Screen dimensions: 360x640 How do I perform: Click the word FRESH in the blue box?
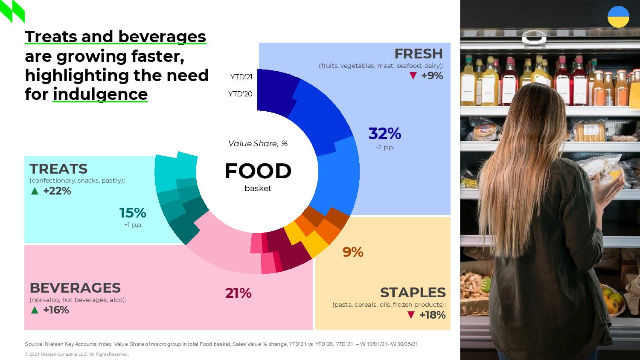pyautogui.click(x=418, y=54)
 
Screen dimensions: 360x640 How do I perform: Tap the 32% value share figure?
pyautogui.click(x=384, y=134)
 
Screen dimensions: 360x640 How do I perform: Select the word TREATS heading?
pyautogui.click(x=58, y=169)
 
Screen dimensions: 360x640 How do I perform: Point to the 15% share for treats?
pyautogui.click(x=132, y=212)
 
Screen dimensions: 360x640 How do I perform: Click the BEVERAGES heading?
pyautogui.click(x=75, y=287)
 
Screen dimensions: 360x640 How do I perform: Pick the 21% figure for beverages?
pyautogui.click(x=238, y=293)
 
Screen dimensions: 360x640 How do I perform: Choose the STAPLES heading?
pyautogui.click(x=413, y=293)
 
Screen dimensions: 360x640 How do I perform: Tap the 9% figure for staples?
pyautogui.click(x=352, y=252)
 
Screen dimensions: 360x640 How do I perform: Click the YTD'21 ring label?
pyautogui.click(x=241, y=77)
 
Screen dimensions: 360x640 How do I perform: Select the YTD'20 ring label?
pyautogui.click(x=240, y=94)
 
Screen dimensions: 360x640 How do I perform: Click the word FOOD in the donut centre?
pyautogui.click(x=258, y=171)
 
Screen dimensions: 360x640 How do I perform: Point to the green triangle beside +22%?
pyautogui.click(x=35, y=191)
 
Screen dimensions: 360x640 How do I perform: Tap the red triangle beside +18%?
pyautogui.click(x=411, y=315)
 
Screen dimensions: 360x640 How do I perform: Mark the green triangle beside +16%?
pyautogui.click(x=35, y=310)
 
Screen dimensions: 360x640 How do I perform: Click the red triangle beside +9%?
pyautogui.click(x=413, y=76)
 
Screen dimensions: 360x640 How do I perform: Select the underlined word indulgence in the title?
pyautogui.click(x=100, y=94)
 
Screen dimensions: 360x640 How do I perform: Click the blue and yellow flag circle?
pyautogui.click(x=618, y=17)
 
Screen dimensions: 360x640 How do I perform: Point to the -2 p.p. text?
pyautogui.click(x=385, y=148)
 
